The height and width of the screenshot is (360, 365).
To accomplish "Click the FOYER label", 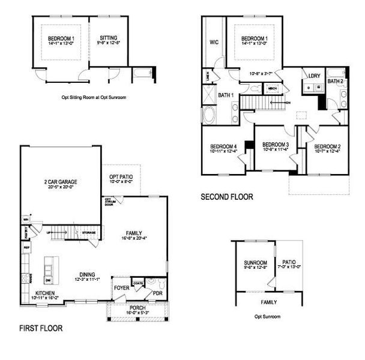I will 121,287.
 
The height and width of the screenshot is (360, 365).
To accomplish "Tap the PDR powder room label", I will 157,293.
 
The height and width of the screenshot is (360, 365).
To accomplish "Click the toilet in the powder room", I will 152,282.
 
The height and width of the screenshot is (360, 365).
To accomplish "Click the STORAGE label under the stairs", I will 89,233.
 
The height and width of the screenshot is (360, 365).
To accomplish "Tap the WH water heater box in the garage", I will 26,218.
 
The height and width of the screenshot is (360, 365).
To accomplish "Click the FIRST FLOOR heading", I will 41,328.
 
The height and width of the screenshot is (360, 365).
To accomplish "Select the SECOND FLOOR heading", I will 226,196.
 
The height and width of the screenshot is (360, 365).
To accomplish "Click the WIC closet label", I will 213,43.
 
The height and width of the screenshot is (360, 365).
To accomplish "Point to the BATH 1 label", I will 225,95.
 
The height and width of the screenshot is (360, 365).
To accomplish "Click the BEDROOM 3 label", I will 276,145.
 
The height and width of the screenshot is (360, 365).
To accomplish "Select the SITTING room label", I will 109,39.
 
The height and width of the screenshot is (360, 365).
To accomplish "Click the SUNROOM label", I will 255,263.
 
